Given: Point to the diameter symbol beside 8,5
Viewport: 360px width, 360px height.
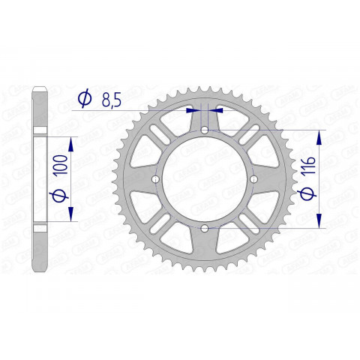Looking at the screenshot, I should tap(85, 97).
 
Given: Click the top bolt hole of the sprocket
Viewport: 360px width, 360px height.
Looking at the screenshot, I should tap(205, 131).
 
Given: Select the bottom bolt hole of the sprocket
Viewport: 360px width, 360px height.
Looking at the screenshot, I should tap(205, 228).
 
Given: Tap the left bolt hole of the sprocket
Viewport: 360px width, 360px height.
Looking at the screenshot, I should tap(156, 180).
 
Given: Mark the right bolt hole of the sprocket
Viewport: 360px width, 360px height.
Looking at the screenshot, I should tap(253, 180).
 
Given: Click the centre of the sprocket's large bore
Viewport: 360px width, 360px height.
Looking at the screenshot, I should tap(205, 180).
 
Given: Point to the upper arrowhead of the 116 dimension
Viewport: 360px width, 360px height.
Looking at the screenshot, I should tap(320, 137).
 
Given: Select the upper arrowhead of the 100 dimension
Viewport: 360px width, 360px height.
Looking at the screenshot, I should tap(72, 142).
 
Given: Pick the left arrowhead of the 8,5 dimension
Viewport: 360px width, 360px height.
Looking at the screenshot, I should tap(192, 109).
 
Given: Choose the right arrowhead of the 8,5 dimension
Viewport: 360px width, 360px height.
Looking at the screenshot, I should tap(218, 109).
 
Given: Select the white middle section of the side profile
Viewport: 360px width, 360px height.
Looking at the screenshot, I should tap(42, 180).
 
